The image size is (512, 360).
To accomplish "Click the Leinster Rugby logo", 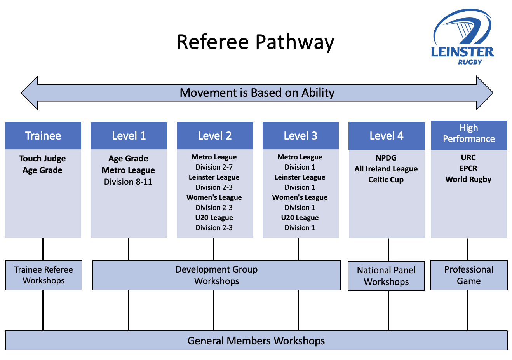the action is pyautogui.click(x=462, y=37).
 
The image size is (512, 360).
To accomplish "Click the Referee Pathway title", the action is pyautogui.click(x=256, y=42).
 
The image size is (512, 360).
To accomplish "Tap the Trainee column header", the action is pyautogui.click(x=43, y=135).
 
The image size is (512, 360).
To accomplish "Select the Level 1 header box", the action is pyautogui.click(x=129, y=135).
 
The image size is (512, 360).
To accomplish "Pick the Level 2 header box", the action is pyautogui.click(x=215, y=135).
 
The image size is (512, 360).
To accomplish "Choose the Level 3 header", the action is pyautogui.click(x=301, y=135).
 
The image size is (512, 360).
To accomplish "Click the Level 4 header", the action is pyautogui.click(x=387, y=136).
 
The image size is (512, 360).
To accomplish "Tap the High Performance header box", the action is pyautogui.click(x=469, y=135).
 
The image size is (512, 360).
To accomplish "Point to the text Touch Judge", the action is pyautogui.click(x=42, y=159).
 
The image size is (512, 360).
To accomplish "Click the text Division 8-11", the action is pyautogui.click(x=128, y=182).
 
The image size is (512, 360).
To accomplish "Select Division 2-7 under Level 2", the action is pyautogui.click(x=214, y=167).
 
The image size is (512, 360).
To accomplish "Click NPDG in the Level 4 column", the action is pyautogui.click(x=386, y=158).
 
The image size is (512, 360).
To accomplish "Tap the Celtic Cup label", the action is pyautogui.click(x=386, y=180).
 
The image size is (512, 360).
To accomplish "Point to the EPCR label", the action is pyautogui.click(x=468, y=169).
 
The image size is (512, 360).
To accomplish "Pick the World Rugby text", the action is pyautogui.click(x=468, y=180).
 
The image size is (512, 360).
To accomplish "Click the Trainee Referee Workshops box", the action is pyautogui.click(x=44, y=275).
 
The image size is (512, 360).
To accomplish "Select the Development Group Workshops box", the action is pyautogui.click(x=217, y=275).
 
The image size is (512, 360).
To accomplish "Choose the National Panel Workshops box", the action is pyautogui.click(x=386, y=276).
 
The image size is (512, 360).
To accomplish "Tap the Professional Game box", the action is pyautogui.click(x=469, y=275).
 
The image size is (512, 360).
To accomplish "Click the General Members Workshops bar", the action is pyautogui.click(x=256, y=340).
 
